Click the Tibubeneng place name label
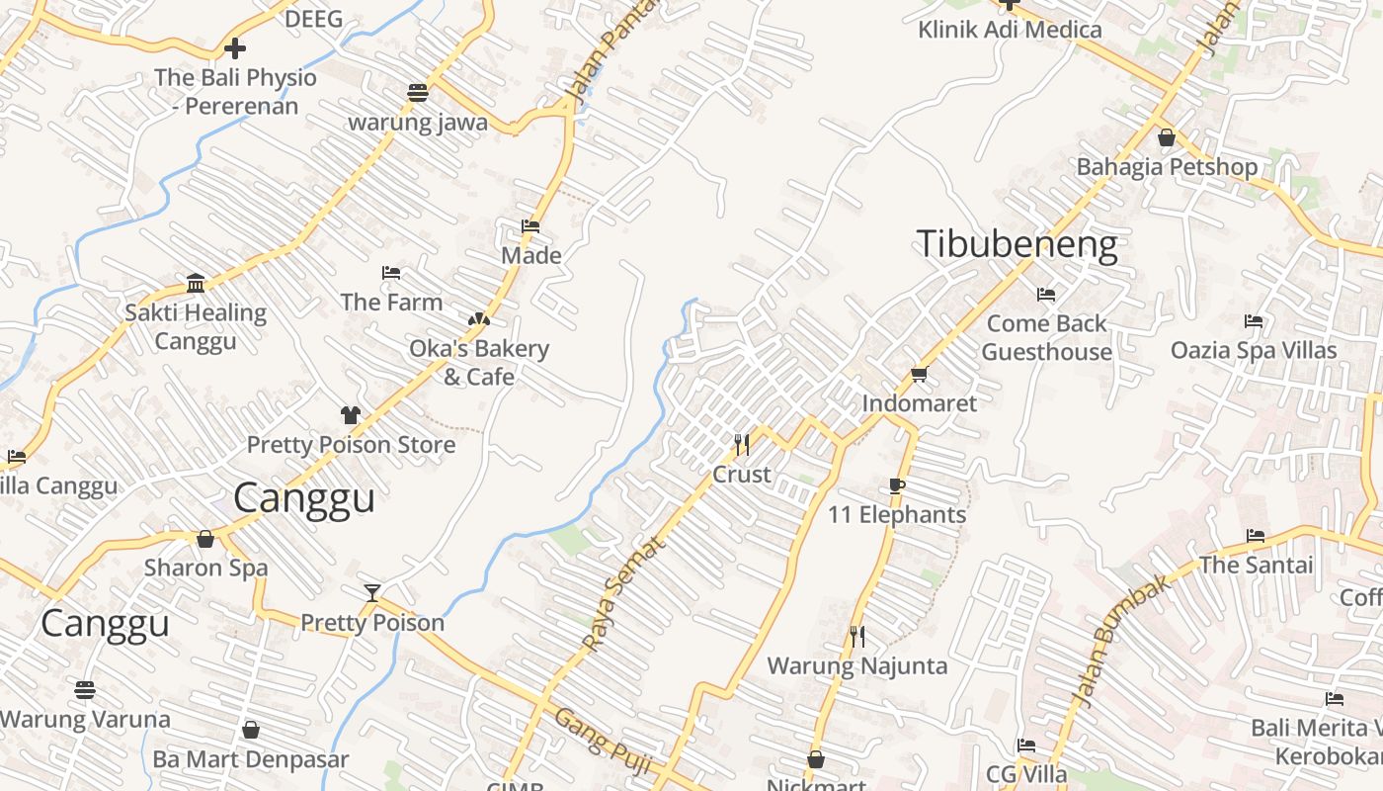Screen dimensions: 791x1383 1017,244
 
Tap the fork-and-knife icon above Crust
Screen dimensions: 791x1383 742,445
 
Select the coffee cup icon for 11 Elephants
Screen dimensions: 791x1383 896,485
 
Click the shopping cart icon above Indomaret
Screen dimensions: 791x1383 919,374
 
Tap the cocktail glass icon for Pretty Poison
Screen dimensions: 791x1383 371,593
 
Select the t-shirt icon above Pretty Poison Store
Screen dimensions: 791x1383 351,415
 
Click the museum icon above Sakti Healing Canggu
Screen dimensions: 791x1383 196,284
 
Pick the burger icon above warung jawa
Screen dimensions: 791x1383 418,93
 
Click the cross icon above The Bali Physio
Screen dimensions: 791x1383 235,47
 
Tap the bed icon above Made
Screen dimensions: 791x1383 530,226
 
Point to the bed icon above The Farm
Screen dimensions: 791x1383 391,273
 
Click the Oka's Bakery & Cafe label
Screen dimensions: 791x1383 479,362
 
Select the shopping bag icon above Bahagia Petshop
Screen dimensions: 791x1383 1167,137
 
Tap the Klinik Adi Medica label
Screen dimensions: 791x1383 1010,30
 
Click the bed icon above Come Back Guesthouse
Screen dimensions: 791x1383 1046,295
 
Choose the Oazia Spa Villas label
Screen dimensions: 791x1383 1254,350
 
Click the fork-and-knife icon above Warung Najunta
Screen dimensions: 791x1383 856,636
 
